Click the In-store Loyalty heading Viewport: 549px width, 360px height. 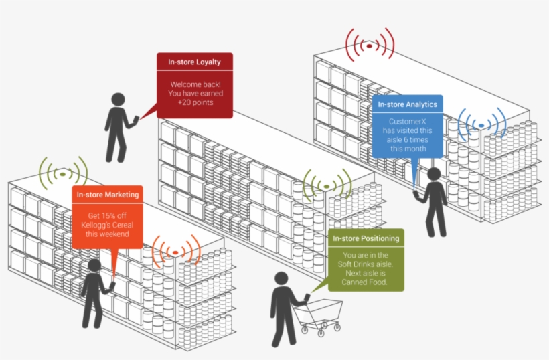coord(195,62)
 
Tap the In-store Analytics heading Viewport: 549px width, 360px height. coord(407,104)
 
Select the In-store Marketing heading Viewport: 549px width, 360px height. coord(108,195)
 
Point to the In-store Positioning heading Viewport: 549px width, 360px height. coord(366,238)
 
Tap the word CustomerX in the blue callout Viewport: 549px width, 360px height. coord(407,122)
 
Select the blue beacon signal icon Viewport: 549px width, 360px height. coord(481,124)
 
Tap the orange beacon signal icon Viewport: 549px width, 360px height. coord(175,252)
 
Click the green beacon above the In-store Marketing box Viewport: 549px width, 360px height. coord(63,173)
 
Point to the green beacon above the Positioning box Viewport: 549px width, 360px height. coord(327,183)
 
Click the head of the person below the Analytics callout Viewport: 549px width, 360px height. coord(434,174)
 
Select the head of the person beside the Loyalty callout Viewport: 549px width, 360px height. coord(119,100)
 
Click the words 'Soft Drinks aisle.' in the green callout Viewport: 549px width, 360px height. coord(366,264)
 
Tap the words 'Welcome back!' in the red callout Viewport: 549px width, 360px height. coord(195,84)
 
